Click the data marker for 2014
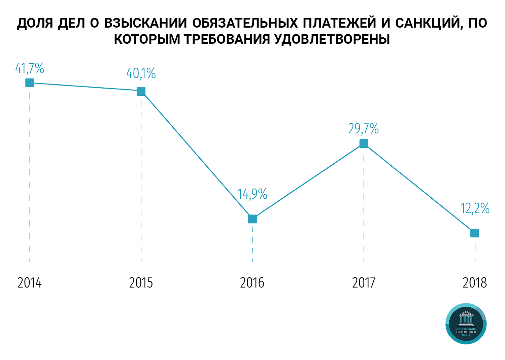pyautogui.click(x=30, y=83)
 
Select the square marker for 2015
pyautogui.click(x=141, y=91)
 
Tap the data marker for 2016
pyautogui.click(x=252, y=219)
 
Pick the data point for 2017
pyautogui.click(x=364, y=143)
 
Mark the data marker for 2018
pyautogui.click(x=474, y=233)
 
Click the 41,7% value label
pyautogui.click(x=30, y=68)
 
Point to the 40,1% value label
pyautogui.click(x=141, y=73)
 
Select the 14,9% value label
pyautogui.click(x=252, y=194)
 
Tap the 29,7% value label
pyautogui.click(x=364, y=129)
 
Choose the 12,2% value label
pyautogui.click(x=475, y=208)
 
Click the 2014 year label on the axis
pyautogui.click(x=30, y=283)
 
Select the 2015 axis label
pyautogui.click(x=141, y=283)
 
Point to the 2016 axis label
pyautogui.click(x=252, y=283)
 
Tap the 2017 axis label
pyautogui.click(x=364, y=283)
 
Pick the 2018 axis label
pyautogui.click(x=475, y=283)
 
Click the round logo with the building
pyautogui.click(x=466, y=324)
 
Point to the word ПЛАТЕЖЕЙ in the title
pyautogui.click(x=339, y=23)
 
